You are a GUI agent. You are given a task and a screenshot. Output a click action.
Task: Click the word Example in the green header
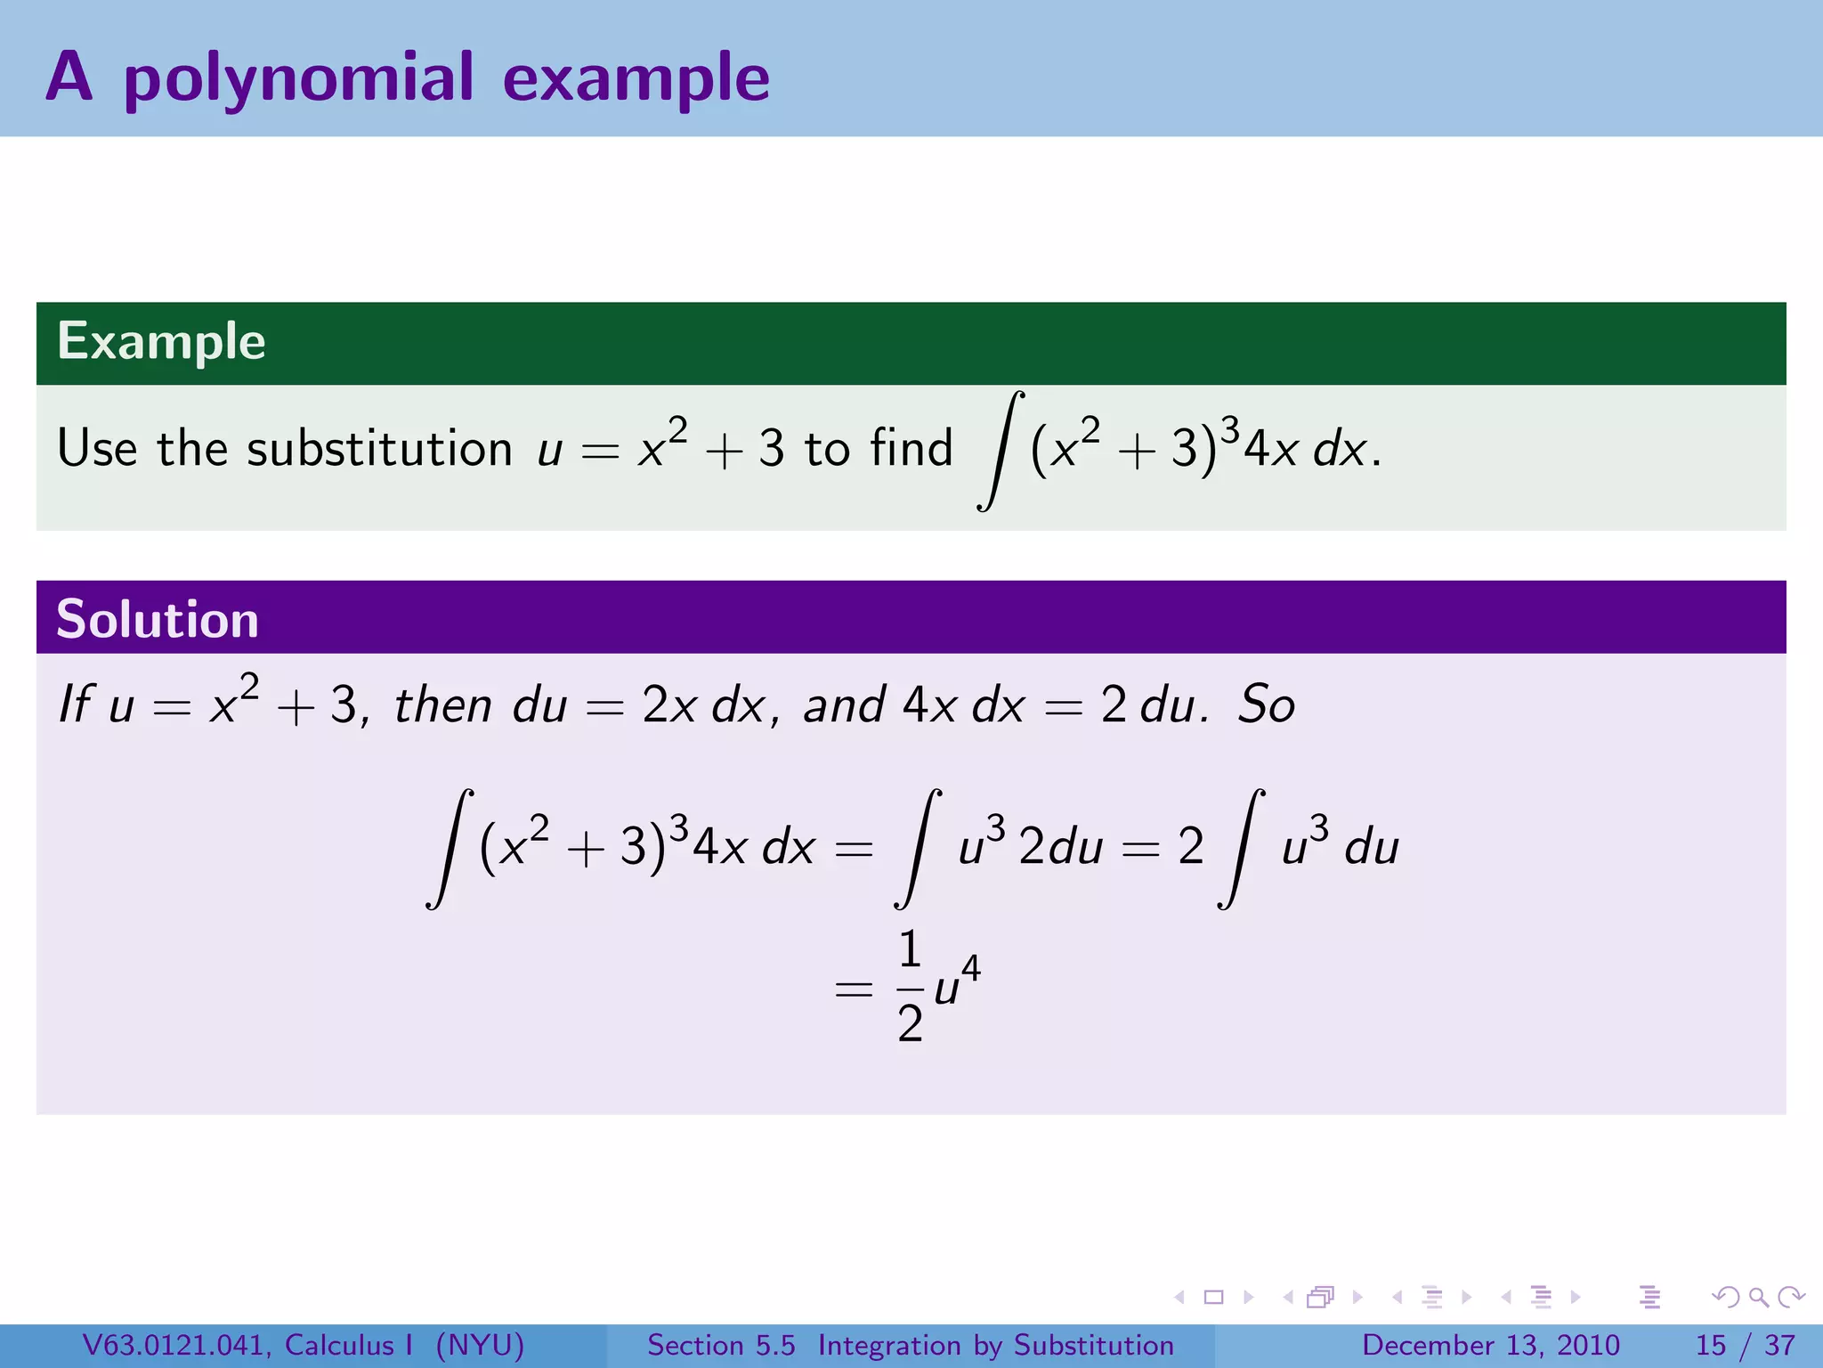(161, 341)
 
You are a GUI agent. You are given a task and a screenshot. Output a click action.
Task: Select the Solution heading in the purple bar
(158, 619)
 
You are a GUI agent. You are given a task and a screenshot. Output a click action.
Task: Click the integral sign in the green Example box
(1000, 451)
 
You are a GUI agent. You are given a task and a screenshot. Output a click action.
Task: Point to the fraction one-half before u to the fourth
(909, 987)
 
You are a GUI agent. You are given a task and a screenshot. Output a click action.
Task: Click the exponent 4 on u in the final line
(971, 967)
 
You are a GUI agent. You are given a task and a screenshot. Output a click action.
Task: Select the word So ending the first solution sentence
(1266, 705)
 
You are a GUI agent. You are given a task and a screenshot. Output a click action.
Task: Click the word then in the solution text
(442, 705)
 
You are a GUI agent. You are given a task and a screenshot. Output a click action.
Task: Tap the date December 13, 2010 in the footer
(1490, 1345)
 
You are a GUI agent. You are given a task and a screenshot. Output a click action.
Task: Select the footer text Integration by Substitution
(995, 1345)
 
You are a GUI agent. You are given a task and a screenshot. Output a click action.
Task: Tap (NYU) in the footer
(480, 1345)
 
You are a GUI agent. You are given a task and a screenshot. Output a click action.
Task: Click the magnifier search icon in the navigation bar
(1757, 1297)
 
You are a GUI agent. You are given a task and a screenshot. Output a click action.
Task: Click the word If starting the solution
(75, 704)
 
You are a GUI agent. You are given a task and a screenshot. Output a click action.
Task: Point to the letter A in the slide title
(69, 77)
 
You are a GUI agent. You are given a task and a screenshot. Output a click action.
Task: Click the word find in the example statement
(911, 447)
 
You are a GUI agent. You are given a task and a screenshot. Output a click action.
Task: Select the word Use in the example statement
(97, 447)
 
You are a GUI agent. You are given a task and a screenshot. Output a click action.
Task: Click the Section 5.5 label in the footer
(721, 1345)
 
